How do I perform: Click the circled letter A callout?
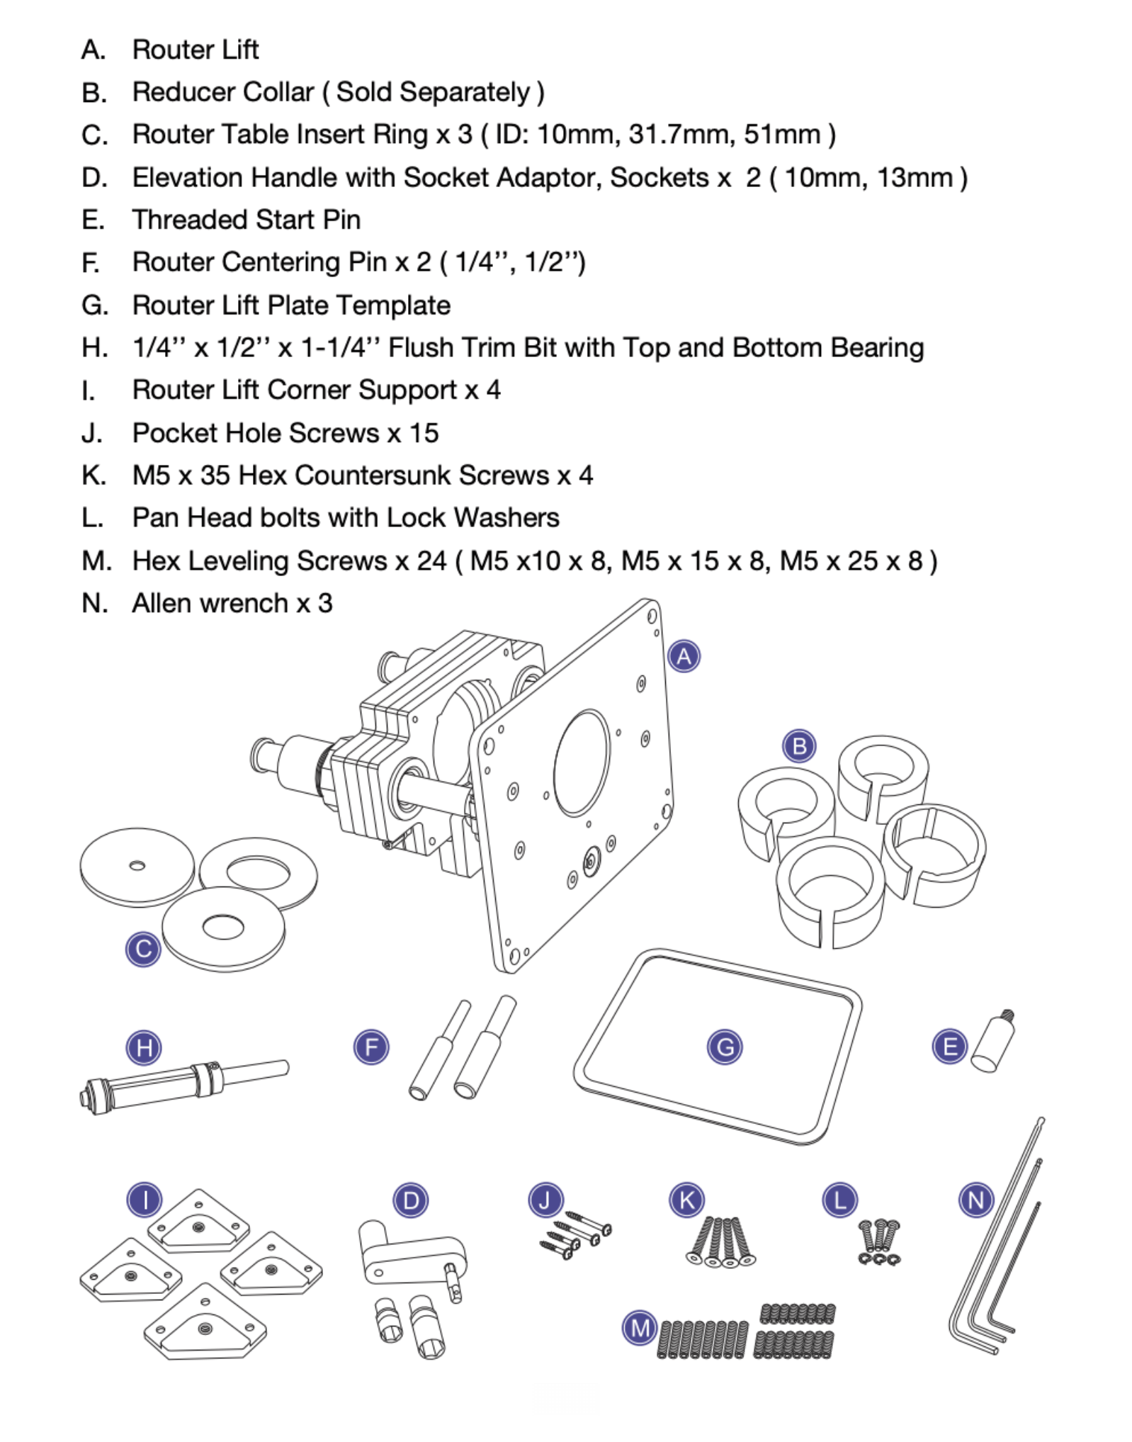[x=683, y=656]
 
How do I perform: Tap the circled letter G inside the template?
[x=724, y=1047]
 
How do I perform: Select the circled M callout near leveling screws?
[x=640, y=1327]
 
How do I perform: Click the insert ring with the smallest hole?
[x=137, y=866]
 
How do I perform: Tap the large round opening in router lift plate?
[x=582, y=762]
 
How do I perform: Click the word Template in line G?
[x=393, y=305]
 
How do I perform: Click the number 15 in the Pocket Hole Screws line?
[x=424, y=433]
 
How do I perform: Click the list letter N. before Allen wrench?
[x=94, y=604]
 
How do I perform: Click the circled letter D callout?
[x=410, y=1200]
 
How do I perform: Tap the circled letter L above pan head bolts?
[x=839, y=1200]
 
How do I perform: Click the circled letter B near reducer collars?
[x=799, y=746]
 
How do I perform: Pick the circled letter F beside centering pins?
[x=371, y=1047]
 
